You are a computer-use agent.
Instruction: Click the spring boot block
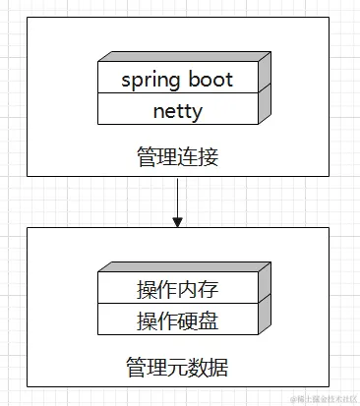[x=177, y=80]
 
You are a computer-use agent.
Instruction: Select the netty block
[x=177, y=110]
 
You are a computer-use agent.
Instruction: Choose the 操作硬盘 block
[x=177, y=319]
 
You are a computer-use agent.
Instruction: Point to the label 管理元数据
[x=177, y=368]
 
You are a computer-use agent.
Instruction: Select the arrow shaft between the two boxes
[x=178, y=197]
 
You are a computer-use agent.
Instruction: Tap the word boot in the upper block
[x=210, y=80]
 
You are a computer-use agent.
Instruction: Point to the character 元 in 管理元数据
[x=177, y=368]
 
